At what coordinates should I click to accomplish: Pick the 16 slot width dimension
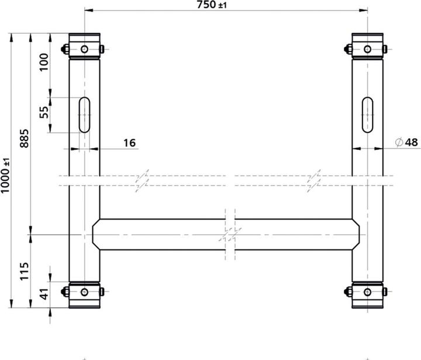(129, 142)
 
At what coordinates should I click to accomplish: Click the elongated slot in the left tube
(85, 115)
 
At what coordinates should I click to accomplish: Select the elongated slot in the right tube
(368, 115)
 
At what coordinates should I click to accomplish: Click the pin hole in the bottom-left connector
(85, 292)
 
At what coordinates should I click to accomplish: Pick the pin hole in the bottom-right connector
(368, 292)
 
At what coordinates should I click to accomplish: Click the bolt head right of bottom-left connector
(102, 291)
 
